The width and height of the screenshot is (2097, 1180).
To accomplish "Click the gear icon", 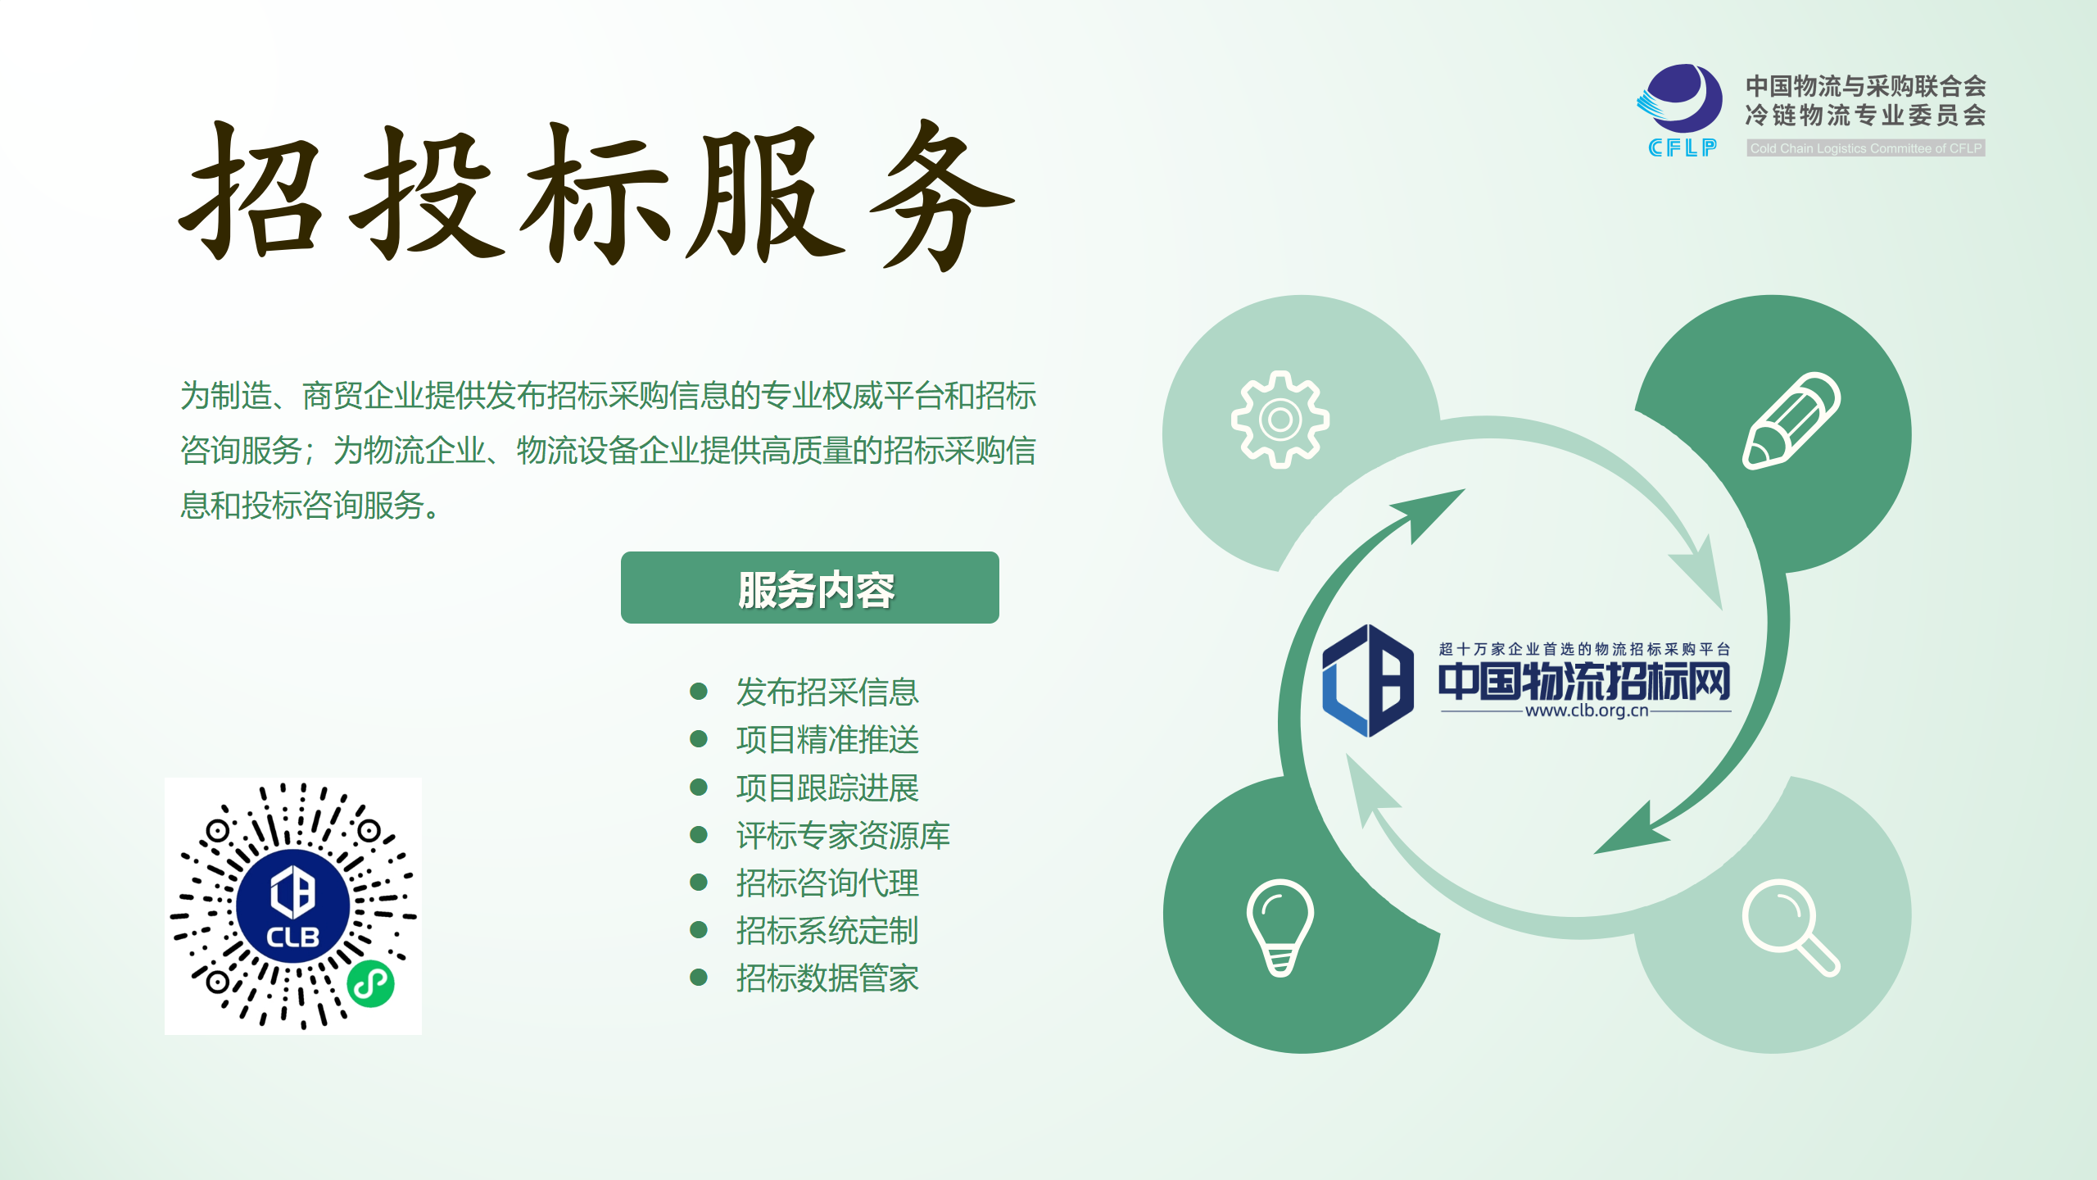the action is pos(1279,420).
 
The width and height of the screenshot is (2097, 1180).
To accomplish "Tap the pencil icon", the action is pos(1791,420).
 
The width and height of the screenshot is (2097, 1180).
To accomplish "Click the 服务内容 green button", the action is pos(809,588).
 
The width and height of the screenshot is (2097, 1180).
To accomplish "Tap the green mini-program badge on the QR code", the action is pos(371,983).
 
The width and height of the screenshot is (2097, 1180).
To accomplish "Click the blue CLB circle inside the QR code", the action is pos(293,906).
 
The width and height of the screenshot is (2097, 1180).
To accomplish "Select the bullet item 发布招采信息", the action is pos(827,692).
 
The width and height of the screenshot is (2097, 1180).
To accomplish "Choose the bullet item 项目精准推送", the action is pos(827,740).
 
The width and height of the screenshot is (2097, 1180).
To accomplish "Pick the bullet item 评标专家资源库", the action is pos(843,835).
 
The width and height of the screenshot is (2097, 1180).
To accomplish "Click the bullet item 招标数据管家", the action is pos(827,978).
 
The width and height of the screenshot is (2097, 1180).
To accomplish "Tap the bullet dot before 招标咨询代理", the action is pos(699,883).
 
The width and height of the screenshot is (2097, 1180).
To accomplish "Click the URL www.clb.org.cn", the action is pos(1587,710).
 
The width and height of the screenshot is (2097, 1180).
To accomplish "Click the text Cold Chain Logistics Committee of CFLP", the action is pos(1866,148).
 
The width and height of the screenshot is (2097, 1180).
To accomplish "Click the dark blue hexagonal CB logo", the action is pos(1368,680).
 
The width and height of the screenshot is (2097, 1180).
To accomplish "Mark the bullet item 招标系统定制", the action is pos(827,930).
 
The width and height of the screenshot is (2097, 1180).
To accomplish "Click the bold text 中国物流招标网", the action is pos(1584,681).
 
